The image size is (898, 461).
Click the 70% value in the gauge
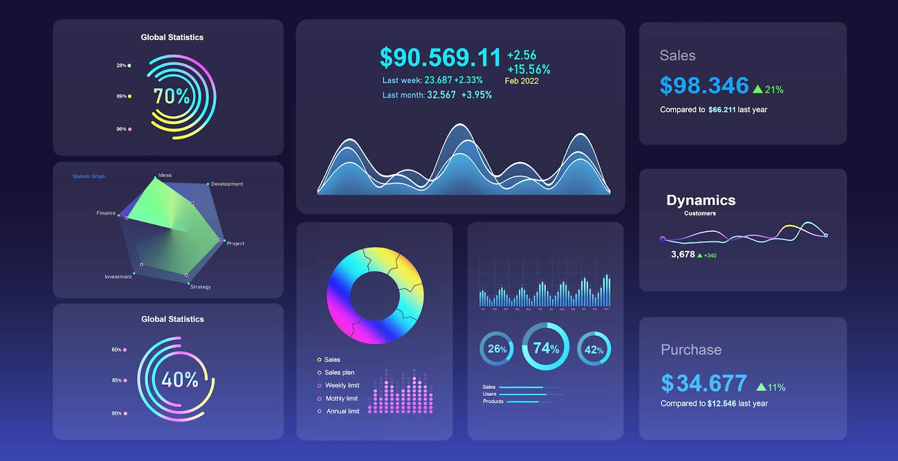172,96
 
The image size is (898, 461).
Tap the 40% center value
180,380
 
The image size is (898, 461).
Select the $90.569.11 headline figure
440,58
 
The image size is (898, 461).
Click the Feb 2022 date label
521,81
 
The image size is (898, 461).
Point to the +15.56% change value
529,70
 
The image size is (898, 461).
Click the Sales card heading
677,56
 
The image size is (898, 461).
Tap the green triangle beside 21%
758,89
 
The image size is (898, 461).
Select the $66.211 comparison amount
722,110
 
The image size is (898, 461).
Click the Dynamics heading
700,200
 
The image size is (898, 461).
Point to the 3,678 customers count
683,255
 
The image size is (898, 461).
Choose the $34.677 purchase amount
704,384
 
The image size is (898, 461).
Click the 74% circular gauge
546,348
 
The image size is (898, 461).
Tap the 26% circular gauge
497,349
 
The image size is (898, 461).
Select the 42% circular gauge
594,350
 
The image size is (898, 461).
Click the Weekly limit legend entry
342,385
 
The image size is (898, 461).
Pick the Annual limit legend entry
342,411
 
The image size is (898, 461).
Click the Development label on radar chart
227,184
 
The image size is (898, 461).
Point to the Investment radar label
118,276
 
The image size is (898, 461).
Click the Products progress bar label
493,402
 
